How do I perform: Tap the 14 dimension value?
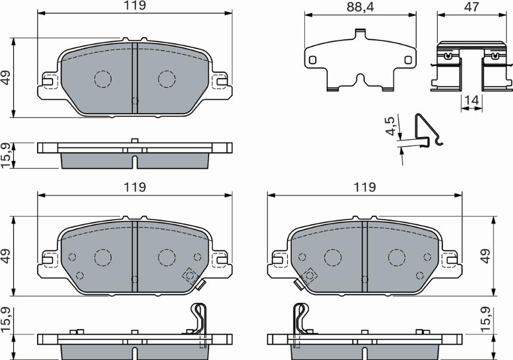click(471, 100)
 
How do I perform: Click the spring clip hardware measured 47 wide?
click(471, 67)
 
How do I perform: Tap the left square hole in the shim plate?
click(312, 59)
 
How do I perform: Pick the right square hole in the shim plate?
click(408, 59)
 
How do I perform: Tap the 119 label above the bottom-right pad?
click(365, 187)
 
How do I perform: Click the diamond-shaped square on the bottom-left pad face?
click(189, 276)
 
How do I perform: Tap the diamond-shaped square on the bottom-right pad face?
click(310, 276)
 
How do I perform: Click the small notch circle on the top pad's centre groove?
click(135, 101)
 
